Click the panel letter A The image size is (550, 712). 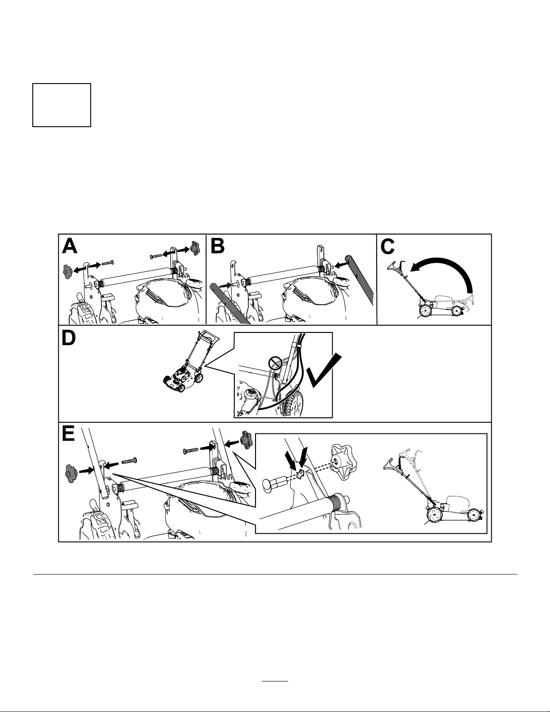(70, 246)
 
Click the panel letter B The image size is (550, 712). (217, 246)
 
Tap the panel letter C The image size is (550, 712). (387, 247)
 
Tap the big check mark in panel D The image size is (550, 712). (324, 371)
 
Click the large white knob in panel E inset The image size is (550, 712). (343, 462)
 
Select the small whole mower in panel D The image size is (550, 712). (190, 362)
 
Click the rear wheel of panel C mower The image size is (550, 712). (425, 310)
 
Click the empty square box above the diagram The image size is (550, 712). (62, 105)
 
